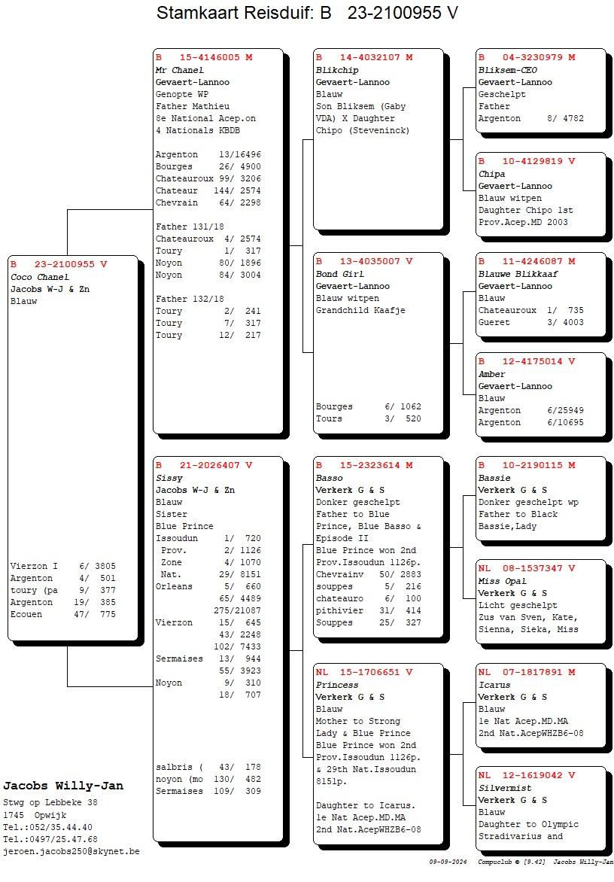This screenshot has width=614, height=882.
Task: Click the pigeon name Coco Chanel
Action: click(40, 277)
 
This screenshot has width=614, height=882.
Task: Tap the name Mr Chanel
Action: click(180, 70)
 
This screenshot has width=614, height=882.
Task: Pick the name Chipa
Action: click(492, 174)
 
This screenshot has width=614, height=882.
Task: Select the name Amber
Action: click(492, 374)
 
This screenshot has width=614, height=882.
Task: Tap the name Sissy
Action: click(169, 478)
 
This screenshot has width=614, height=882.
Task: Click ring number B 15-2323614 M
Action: click(364, 465)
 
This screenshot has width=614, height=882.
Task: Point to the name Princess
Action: click(337, 685)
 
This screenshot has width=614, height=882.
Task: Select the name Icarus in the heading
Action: click(494, 685)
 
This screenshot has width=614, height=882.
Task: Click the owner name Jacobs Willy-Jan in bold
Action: click(63, 786)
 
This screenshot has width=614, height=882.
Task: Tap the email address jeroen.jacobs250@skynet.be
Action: click(71, 851)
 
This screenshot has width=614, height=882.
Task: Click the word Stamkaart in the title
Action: click(199, 13)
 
